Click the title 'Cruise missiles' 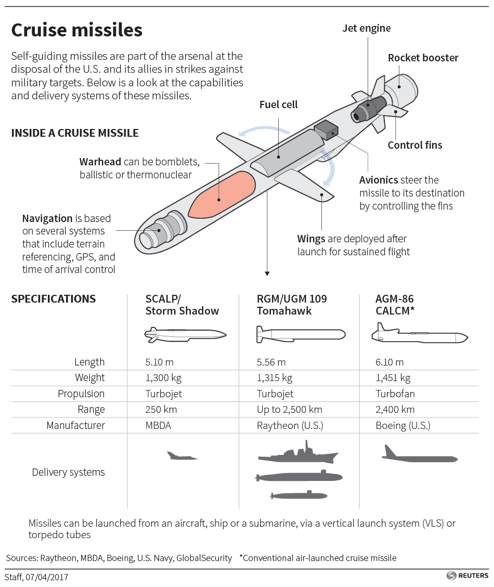pyautogui.click(x=77, y=30)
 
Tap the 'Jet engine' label pyautogui.click(x=366, y=28)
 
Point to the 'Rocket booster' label pyautogui.click(x=423, y=58)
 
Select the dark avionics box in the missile pyautogui.click(x=326, y=130)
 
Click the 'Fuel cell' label pyautogui.click(x=278, y=105)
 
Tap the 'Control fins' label pyautogui.click(x=414, y=145)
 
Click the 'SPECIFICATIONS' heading pyautogui.click(x=54, y=299)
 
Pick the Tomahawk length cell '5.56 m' pyautogui.click(x=271, y=362)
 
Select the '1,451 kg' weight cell pyautogui.click(x=393, y=377)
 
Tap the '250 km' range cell pyautogui.click(x=161, y=409)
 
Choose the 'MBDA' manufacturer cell pyautogui.click(x=158, y=425)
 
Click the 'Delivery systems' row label pyautogui.click(x=68, y=472)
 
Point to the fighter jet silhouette pyautogui.click(x=181, y=456)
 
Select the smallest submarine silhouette pyautogui.click(x=298, y=495)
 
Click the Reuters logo pyautogui.click(x=467, y=576)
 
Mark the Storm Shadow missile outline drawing pyautogui.click(x=185, y=334)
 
